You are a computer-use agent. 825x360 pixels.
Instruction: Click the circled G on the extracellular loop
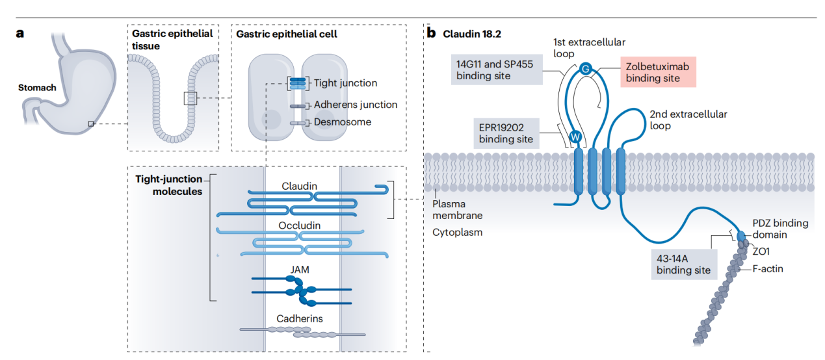pyautogui.click(x=584, y=68)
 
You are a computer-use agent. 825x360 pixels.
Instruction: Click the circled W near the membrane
pyautogui.click(x=575, y=136)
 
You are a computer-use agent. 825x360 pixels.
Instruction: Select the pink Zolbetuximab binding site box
pyautogui.click(x=657, y=72)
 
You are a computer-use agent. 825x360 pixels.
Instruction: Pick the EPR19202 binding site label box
pyautogui.click(x=506, y=132)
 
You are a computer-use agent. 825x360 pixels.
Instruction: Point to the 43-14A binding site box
pyautogui.click(x=683, y=264)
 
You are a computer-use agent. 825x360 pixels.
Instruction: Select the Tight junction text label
pyautogui.click(x=345, y=83)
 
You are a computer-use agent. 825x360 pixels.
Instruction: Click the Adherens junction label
pyautogui.click(x=355, y=105)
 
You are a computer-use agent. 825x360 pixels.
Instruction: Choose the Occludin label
pyautogui.click(x=300, y=225)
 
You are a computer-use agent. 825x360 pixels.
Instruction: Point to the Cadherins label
pyautogui.click(x=300, y=318)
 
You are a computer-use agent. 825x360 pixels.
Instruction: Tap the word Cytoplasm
pyautogui.click(x=458, y=232)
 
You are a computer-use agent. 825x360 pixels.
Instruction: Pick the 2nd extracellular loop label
pyautogui.click(x=688, y=120)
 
